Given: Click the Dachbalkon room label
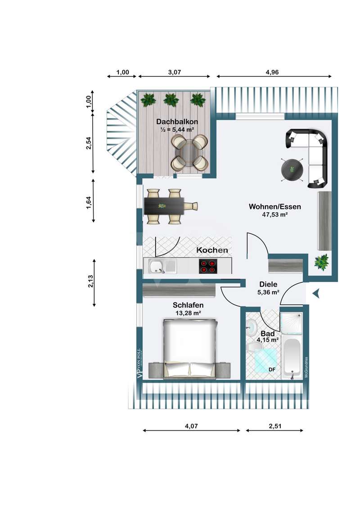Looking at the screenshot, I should [175, 121].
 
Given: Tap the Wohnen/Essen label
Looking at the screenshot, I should [274, 207].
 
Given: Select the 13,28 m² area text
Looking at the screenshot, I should [188, 313].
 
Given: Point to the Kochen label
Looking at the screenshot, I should [212, 250].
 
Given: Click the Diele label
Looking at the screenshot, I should [268, 284].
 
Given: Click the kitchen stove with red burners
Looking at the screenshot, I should [208, 267].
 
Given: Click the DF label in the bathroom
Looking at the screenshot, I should [272, 370].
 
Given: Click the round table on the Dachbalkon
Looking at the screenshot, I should [189, 153].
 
